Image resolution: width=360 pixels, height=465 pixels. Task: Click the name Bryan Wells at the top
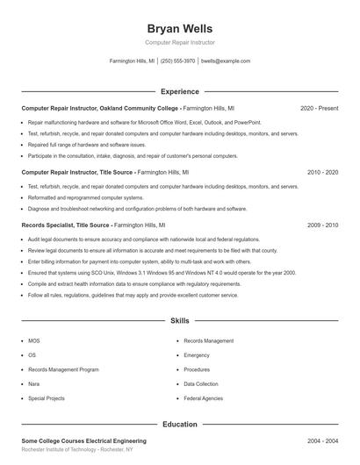pos(179,29)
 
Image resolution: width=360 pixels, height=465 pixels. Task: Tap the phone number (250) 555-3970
pos(177,61)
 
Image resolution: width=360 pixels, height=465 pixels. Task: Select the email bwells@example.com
pos(226,61)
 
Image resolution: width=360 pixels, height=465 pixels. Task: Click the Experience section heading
pos(179,91)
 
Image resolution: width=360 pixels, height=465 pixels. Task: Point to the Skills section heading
pos(179,322)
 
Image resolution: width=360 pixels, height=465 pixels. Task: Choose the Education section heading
pos(179,425)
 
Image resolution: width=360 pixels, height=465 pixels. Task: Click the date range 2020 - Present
pos(319,108)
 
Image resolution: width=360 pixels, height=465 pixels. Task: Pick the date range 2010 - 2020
pos(322,173)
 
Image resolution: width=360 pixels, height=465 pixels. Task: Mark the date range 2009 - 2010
pos(322,225)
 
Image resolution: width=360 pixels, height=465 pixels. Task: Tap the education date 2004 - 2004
pos(322,441)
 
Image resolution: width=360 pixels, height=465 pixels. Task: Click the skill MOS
pos(33,340)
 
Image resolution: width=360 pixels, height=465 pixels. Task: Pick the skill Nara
pos(33,384)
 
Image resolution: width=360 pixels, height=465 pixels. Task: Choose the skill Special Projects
pos(47,398)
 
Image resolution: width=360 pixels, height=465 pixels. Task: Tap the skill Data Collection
pos(201,384)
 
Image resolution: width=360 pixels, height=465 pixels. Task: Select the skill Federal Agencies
pos(203,398)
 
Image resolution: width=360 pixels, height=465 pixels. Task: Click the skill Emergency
pos(197,355)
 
